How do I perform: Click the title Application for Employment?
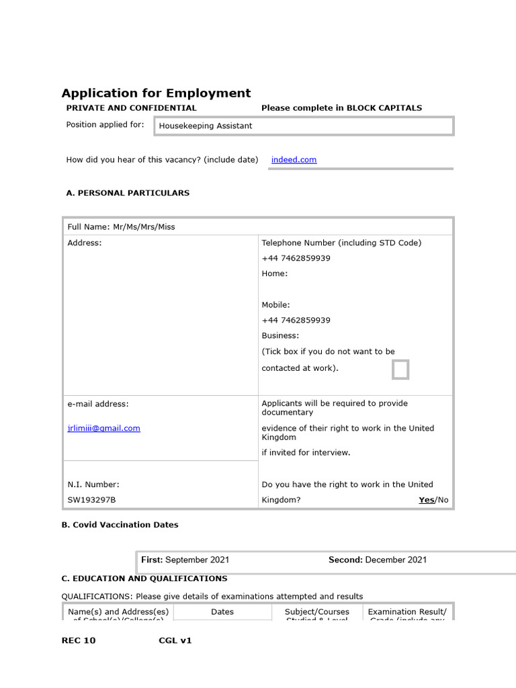coord(156,93)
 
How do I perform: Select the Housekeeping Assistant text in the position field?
coord(206,126)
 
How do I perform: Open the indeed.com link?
coord(294,160)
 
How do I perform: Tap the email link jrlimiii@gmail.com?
coord(103,428)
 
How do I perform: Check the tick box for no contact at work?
coord(400,370)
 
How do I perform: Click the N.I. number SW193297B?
coord(91,500)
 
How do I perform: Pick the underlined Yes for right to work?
coord(426,500)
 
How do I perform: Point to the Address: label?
coord(85,243)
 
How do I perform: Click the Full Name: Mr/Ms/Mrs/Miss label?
coord(121,227)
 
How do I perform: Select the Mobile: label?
coord(275,304)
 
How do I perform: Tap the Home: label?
coord(274,273)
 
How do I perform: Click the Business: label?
coord(280,335)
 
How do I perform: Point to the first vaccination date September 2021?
coord(197,560)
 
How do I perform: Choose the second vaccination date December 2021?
coord(396,560)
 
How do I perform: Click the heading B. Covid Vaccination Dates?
coord(120,525)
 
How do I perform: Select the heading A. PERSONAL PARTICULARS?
coord(128,193)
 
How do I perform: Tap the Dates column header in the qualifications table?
coord(222,612)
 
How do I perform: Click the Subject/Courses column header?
coord(317,612)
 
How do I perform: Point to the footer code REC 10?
coord(79,640)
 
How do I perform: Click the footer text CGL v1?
coord(175,640)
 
